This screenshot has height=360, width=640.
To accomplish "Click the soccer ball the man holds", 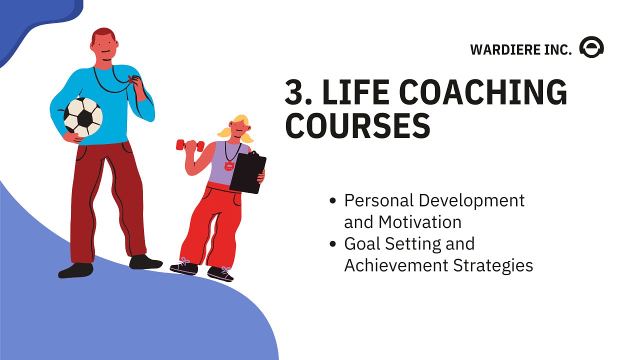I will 83,116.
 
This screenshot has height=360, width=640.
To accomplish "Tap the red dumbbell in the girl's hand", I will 190,145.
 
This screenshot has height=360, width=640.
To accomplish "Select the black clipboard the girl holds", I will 248,172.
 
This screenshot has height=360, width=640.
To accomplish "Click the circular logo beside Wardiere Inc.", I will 591,48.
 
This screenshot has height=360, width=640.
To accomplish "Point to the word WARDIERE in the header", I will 505,50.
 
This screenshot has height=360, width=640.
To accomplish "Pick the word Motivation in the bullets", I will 420,221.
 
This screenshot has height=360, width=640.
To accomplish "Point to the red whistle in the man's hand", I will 131,79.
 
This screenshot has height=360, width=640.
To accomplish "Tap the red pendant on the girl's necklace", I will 229,165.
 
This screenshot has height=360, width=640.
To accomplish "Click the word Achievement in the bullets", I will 396,265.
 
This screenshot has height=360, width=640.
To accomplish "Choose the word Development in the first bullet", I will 471,200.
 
